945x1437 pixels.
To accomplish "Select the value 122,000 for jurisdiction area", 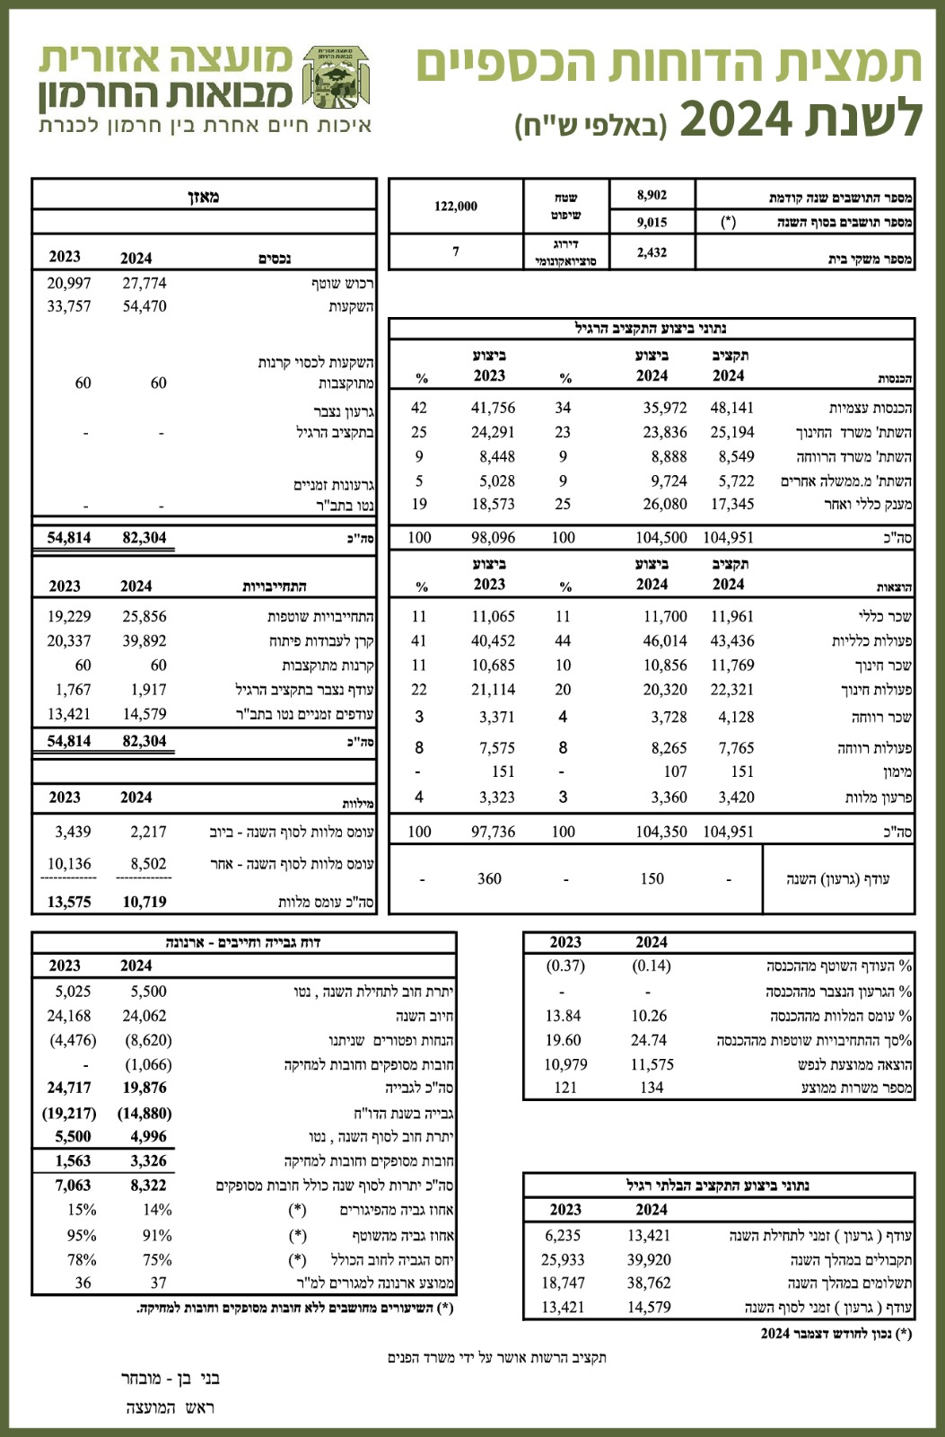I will click(456, 207).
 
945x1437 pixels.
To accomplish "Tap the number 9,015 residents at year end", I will click(652, 222).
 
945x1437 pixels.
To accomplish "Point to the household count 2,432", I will click(652, 252).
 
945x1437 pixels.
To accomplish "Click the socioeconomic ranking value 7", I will click(456, 251).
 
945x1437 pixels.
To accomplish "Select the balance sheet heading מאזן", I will click(205, 196).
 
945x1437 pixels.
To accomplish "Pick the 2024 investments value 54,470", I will click(144, 306).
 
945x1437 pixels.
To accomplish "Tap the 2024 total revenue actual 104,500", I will click(661, 537).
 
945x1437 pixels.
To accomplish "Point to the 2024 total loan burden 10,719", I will click(144, 902).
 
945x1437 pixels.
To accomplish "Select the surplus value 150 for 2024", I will click(652, 878).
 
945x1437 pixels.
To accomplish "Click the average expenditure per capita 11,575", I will click(652, 1064).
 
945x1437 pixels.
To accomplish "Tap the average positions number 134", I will click(652, 1088).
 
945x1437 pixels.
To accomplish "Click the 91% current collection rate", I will click(157, 1235).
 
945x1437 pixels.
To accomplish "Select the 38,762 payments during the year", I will click(649, 1283).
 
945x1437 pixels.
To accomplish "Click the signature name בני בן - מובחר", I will click(171, 1378).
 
